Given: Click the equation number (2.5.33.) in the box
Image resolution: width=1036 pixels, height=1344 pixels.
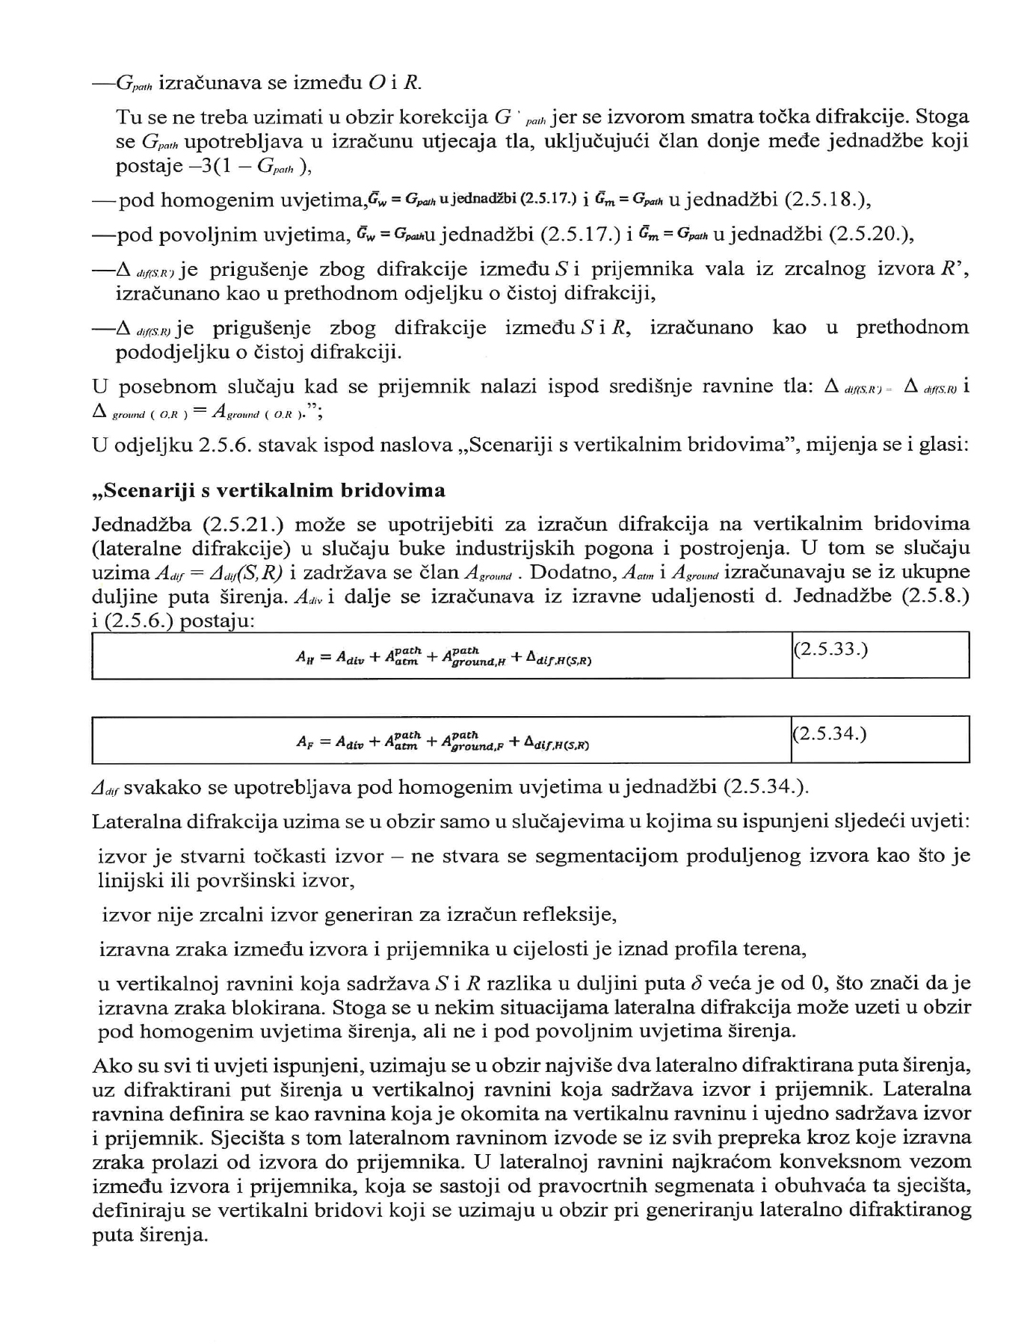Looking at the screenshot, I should click(830, 649).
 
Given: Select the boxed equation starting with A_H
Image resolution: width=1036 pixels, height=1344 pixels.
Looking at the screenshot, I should click(444, 656).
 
